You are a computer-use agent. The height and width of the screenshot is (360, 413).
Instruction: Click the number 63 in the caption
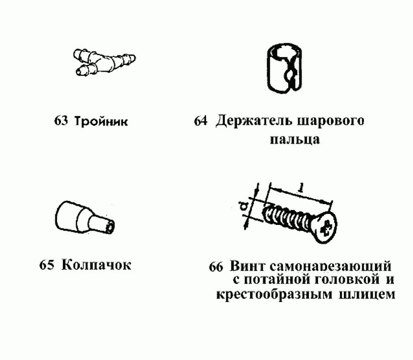point(61,121)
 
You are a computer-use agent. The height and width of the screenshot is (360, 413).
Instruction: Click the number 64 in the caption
point(201,121)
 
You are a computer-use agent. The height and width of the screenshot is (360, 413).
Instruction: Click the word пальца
point(292,140)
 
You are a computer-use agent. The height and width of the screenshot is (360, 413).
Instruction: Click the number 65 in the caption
point(47,265)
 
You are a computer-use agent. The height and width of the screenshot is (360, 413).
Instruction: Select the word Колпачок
point(96,265)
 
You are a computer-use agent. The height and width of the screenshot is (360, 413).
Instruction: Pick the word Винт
point(247,266)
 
